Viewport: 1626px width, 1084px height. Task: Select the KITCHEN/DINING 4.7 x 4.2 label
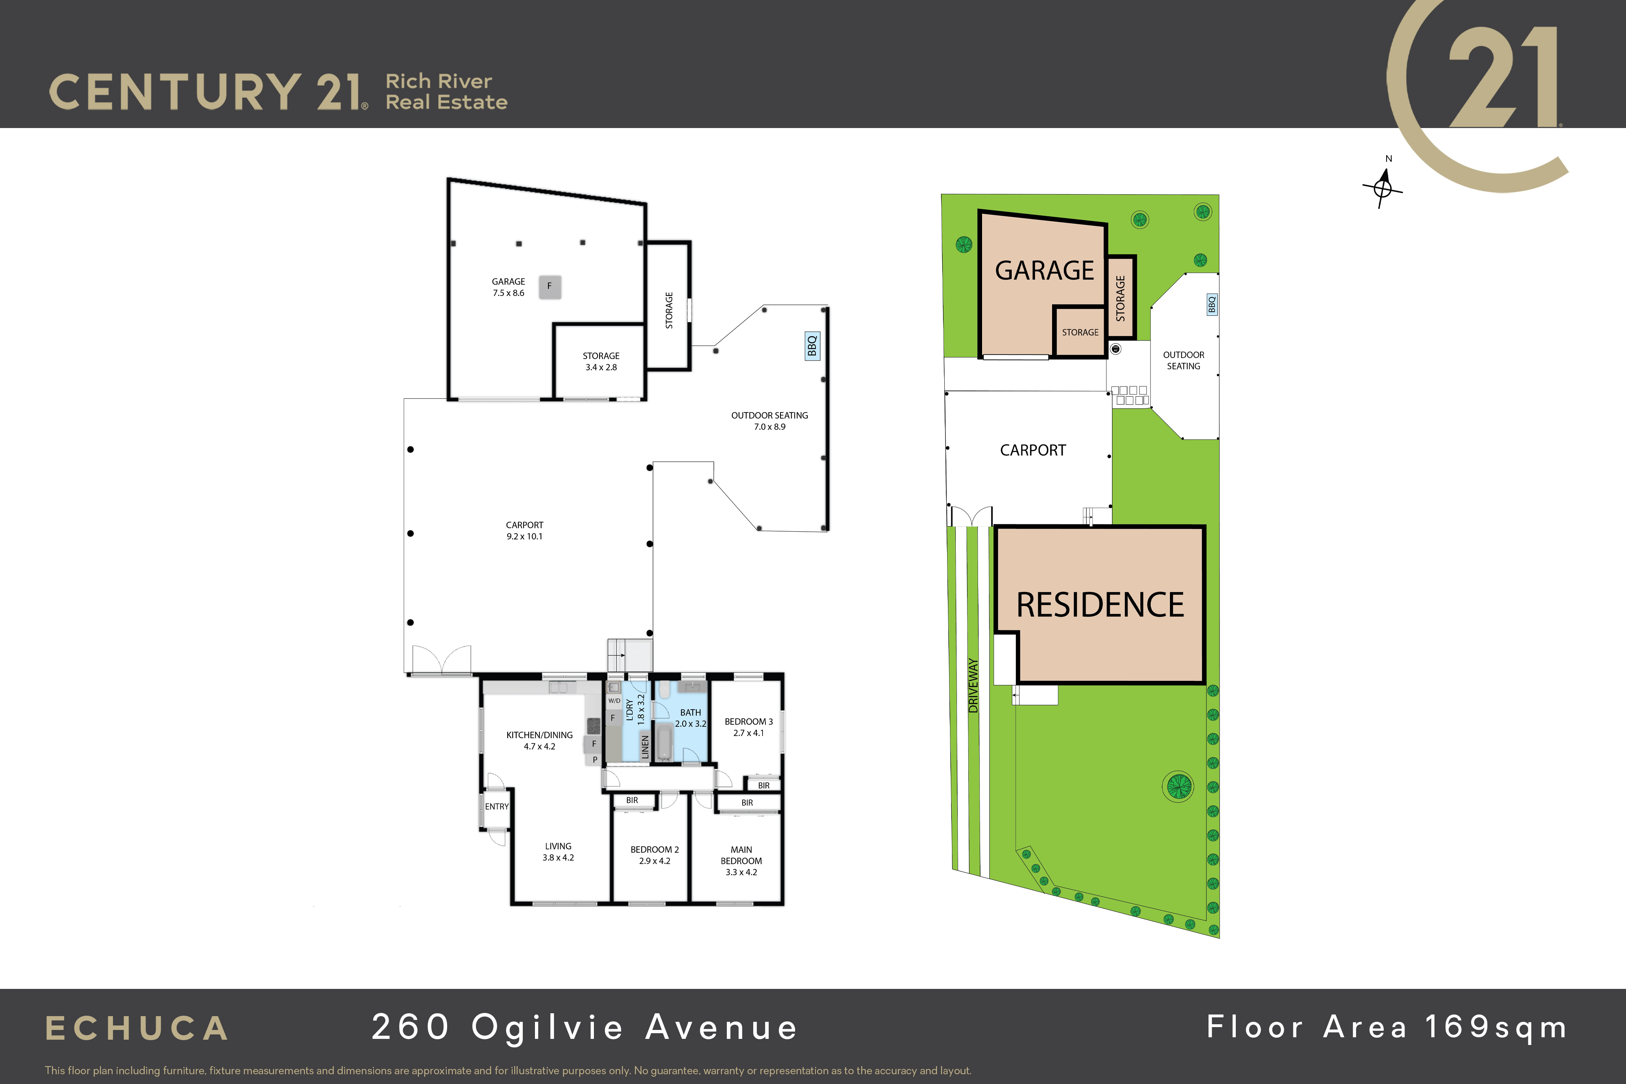(539, 741)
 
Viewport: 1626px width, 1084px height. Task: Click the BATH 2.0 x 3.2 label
(691, 718)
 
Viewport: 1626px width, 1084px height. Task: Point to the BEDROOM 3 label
(749, 721)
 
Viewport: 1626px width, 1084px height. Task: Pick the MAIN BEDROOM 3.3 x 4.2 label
(741, 861)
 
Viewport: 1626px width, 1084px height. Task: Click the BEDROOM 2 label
(655, 849)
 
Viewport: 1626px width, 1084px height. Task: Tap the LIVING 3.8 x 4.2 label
(558, 852)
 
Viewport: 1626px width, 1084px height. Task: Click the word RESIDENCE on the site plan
(1100, 605)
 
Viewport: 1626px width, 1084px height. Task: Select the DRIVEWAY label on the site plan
(974, 685)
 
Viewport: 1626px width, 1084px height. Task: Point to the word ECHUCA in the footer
(137, 1029)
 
